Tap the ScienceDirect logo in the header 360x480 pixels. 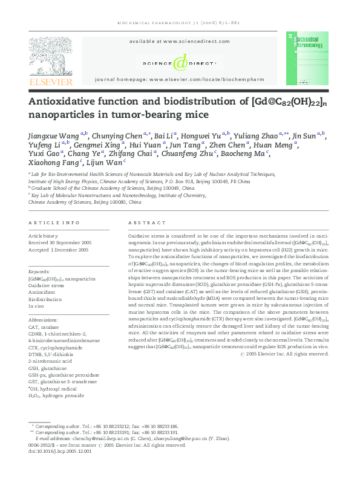pos(179,63)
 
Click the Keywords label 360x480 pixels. pos(39,272)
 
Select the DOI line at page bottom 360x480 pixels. pos(60,451)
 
